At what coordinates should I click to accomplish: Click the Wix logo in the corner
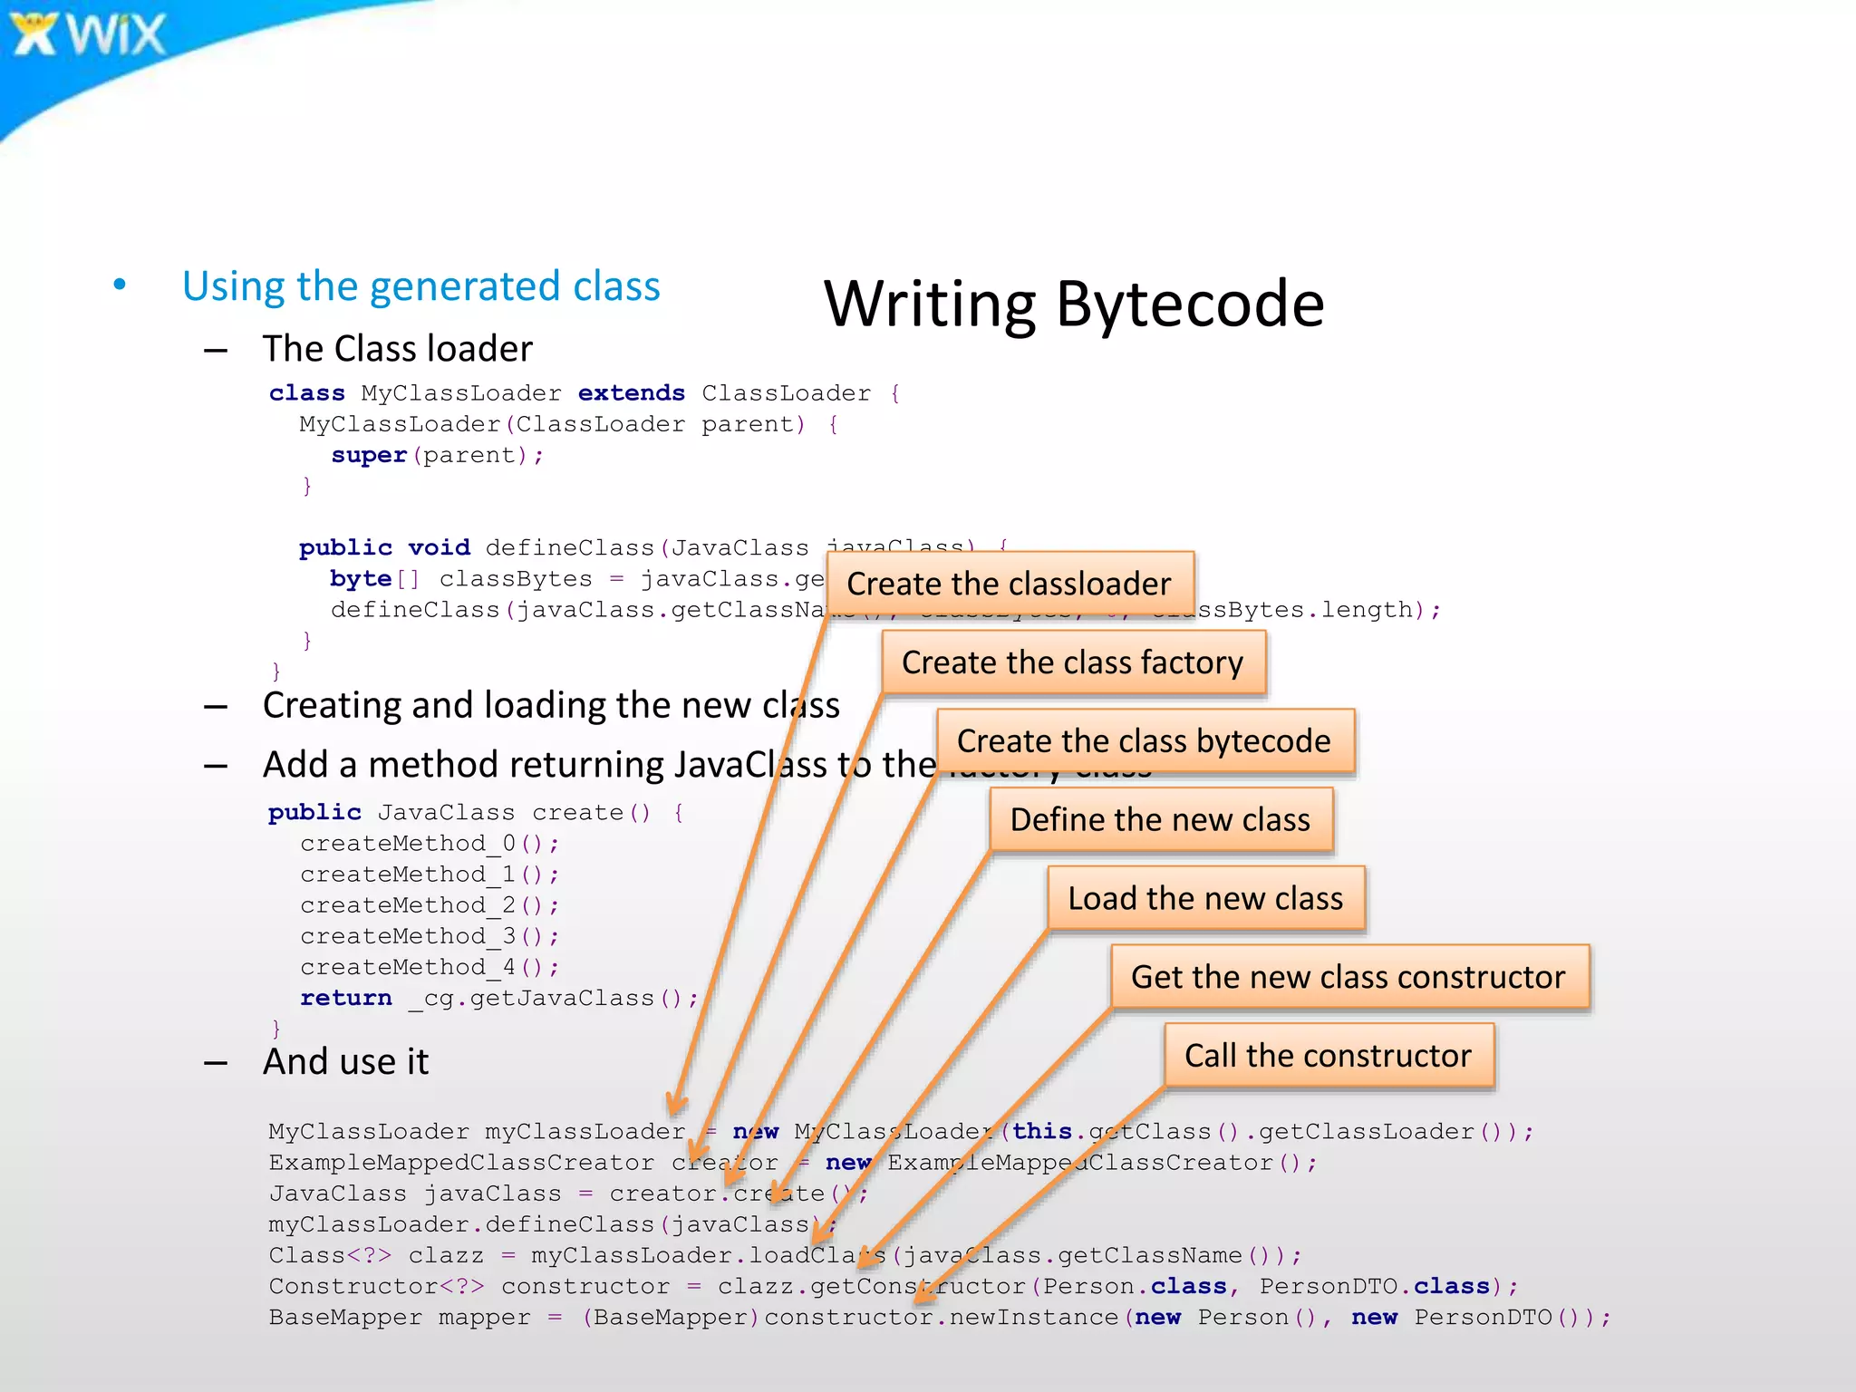pos(87,34)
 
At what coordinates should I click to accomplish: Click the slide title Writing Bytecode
pos(1073,304)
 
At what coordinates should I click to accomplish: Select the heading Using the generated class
pos(420,286)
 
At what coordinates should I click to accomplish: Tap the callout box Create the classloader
pos(1009,584)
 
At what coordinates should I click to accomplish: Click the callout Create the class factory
pos(1072,662)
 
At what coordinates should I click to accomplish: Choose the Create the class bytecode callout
pos(1144,741)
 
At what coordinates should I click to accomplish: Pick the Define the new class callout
pos(1160,820)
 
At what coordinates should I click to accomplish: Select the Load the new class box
pos(1205,898)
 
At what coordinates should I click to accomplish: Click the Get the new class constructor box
pos(1348,977)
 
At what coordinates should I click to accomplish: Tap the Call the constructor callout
pos(1328,1056)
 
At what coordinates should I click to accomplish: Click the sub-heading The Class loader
pos(397,349)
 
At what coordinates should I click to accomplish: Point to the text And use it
pos(345,1062)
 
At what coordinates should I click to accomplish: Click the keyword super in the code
pos(368,455)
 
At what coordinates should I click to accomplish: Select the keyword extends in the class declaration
pos(631,393)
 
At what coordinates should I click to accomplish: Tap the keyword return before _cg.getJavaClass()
pos(345,998)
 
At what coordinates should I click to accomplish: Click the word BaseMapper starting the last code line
pos(345,1318)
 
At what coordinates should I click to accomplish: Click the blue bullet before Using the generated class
pos(120,285)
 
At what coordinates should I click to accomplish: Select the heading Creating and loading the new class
pos(551,706)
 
